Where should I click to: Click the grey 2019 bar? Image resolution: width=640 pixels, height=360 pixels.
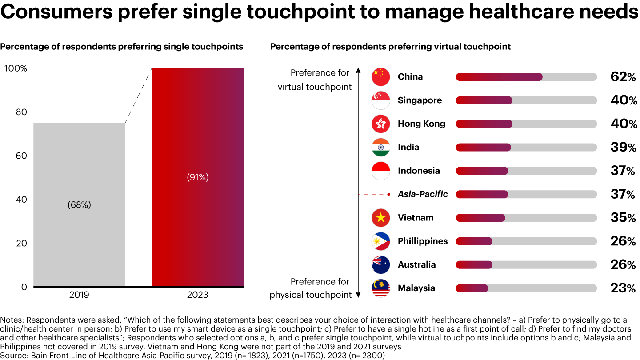coord(79,204)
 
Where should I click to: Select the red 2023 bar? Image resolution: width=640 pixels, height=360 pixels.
coord(197,177)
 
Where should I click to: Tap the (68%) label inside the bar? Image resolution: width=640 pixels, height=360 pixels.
coord(79,204)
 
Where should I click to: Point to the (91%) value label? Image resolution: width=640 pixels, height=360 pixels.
coord(198,177)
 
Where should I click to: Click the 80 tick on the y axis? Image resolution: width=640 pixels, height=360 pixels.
coord(21,112)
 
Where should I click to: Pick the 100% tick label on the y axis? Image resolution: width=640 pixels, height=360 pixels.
coord(16,68)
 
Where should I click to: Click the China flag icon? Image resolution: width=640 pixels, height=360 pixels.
coord(380,77)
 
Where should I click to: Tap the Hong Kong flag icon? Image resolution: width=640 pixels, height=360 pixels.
coord(380,124)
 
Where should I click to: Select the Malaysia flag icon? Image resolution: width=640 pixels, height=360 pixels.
coord(380,288)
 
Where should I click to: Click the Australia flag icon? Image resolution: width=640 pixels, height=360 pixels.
coord(380,265)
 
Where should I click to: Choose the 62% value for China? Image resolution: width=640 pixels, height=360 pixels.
coord(623,77)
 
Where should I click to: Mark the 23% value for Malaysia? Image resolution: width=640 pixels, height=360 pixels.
coord(623,288)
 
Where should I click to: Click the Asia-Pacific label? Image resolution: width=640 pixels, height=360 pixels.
coord(423,194)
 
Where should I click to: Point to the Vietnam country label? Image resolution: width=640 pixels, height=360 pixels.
coord(416,218)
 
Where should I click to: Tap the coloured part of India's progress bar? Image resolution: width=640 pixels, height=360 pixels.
coord(483,148)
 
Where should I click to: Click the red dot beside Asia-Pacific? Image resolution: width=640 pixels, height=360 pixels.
coord(388,194)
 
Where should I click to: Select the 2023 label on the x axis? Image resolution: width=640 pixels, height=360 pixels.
coord(197,295)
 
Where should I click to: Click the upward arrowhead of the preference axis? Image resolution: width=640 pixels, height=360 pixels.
coord(358,71)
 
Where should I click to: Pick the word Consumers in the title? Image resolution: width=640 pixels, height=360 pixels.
coord(56,12)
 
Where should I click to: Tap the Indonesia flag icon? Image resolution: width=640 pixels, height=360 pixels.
coord(380,171)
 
